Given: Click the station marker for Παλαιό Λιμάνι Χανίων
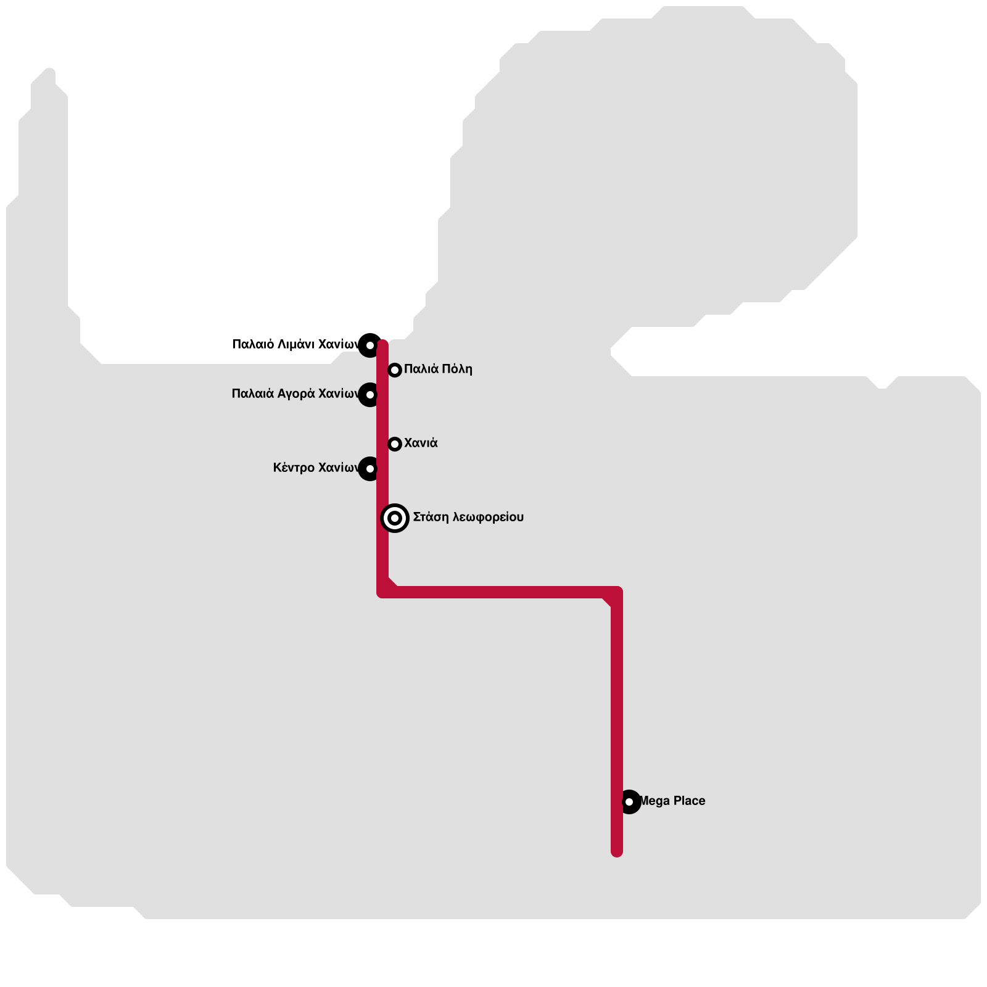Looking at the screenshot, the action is (370, 345).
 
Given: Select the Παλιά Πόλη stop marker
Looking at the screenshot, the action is (395, 370).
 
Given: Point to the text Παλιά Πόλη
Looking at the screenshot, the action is (438, 369).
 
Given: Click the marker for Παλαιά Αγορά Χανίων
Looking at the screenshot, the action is (370, 395).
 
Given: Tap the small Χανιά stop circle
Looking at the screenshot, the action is (395, 444).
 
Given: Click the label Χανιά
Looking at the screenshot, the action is (421, 443).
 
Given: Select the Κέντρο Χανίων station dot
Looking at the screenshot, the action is (370, 469).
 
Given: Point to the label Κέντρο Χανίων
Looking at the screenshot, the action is (315, 468).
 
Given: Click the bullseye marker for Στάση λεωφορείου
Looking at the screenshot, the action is (395, 518).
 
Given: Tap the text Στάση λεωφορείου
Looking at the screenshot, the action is (468, 517).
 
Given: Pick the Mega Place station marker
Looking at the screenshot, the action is (629, 802).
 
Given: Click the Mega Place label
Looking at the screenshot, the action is (672, 801).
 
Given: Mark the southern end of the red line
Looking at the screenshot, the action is (617, 851).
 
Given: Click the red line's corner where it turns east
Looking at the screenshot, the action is (383, 592).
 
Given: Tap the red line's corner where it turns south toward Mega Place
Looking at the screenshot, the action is (616, 592).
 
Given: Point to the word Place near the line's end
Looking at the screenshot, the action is (689, 801).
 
